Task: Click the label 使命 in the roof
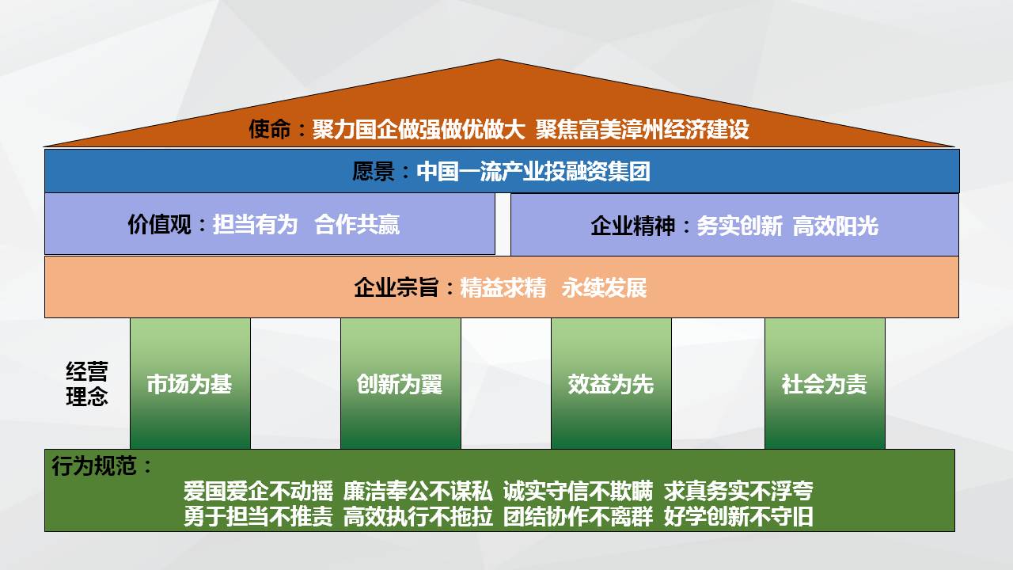point(270,129)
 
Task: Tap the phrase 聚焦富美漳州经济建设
point(642,129)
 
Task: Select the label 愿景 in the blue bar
point(373,172)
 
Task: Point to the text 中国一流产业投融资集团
point(533,172)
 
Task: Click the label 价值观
point(159,224)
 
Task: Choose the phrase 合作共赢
point(357,224)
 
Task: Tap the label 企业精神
point(632,226)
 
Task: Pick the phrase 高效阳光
point(836,226)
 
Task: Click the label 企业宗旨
point(396,287)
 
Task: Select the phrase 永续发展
point(604,287)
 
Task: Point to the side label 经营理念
point(87,384)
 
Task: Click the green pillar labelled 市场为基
point(190,384)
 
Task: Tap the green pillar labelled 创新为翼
point(400,384)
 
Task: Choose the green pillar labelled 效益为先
point(611,384)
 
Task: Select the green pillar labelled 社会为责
point(825,384)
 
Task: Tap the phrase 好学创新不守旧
point(738,517)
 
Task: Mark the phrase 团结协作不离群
point(579,517)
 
